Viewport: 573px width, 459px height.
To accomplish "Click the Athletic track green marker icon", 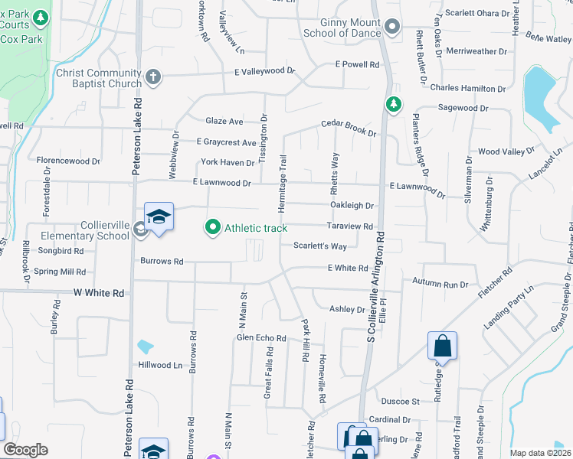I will click(212, 227).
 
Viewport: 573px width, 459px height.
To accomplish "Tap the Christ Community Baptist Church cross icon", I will click(153, 76).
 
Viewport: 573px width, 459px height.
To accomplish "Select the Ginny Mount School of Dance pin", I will click(392, 28).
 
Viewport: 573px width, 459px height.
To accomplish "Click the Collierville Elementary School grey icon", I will click(139, 226).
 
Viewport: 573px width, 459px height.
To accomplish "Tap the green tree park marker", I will click(394, 103).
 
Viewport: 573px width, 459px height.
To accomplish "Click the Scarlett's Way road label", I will click(320, 246).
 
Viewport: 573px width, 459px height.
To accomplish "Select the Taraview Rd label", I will click(349, 226).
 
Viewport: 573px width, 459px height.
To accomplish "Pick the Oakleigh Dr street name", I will click(352, 206).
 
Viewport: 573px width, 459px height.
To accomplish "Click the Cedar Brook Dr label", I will click(349, 127).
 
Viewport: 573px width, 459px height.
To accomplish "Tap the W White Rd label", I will click(99, 293).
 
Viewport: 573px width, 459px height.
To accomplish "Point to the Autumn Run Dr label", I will click(440, 285).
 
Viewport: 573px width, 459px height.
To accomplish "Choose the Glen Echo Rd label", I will click(261, 337).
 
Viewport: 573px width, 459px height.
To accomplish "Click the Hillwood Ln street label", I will click(165, 365).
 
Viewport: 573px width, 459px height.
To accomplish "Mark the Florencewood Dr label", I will click(69, 161).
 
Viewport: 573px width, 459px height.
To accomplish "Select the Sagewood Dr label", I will click(463, 109).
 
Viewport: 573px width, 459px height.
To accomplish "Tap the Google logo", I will click(25, 450).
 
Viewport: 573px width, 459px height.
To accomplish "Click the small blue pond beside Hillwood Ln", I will click(145, 347).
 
